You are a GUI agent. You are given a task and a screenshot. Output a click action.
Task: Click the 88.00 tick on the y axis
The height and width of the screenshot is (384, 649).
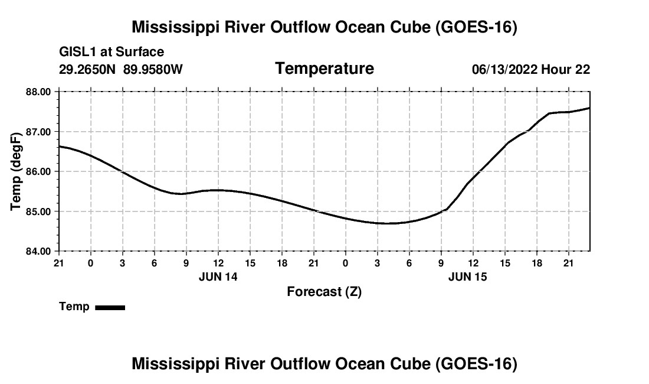click(x=38, y=92)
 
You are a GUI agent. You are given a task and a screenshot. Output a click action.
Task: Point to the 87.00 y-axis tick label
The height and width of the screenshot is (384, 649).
click(x=38, y=132)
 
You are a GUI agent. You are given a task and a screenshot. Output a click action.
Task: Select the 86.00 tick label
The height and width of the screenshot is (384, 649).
click(x=38, y=171)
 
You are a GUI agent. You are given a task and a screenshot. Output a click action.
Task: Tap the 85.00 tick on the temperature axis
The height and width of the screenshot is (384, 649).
click(x=38, y=211)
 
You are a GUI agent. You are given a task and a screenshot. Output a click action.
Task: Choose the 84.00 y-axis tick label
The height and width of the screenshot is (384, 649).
click(x=38, y=252)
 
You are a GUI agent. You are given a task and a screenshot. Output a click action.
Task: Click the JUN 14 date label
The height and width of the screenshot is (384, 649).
click(x=218, y=277)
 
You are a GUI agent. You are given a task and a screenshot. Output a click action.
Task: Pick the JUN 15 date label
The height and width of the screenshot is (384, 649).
click(x=468, y=277)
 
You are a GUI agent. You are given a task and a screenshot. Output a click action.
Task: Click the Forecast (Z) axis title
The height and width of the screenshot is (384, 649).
click(x=324, y=292)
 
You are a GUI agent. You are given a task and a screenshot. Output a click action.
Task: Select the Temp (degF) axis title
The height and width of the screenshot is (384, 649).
click(x=16, y=171)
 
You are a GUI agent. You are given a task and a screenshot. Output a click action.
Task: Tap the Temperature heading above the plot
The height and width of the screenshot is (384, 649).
click(x=324, y=69)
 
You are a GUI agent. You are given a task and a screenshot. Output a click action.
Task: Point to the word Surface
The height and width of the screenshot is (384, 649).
click(x=140, y=52)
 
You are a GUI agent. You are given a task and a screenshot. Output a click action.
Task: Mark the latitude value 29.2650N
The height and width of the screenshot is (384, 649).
click(x=87, y=69)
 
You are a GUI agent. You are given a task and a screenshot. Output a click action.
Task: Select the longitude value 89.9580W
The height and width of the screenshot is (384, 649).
click(x=153, y=69)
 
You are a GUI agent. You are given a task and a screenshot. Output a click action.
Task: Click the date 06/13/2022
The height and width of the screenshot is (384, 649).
click(x=504, y=69)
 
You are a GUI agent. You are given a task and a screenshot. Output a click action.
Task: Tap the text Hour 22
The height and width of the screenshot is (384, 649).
click(x=566, y=69)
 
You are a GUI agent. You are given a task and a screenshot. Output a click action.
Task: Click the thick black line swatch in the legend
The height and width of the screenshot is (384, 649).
click(x=110, y=308)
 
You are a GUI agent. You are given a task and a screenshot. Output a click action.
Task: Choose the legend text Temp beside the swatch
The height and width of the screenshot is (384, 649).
click(x=74, y=307)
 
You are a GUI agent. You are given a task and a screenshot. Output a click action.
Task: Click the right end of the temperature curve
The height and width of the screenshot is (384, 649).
click(x=589, y=108)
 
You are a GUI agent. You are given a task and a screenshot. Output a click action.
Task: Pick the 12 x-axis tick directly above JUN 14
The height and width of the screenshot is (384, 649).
click(x=218, y=263)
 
